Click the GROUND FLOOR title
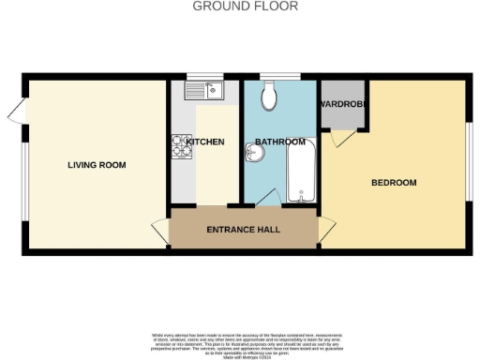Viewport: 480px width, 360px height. (246, 7)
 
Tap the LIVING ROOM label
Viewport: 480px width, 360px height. (97, 165)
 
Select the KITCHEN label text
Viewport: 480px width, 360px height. (204, 142)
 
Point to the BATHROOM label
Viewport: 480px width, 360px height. (279, 142)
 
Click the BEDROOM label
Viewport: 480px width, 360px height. (394, 182)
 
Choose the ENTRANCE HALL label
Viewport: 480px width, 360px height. (244, 230)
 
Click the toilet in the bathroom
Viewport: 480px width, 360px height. (270, 94)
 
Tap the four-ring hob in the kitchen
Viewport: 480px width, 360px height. (182, 147)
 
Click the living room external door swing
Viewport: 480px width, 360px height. (14, 113)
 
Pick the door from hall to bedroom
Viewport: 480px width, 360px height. (327, 229)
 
